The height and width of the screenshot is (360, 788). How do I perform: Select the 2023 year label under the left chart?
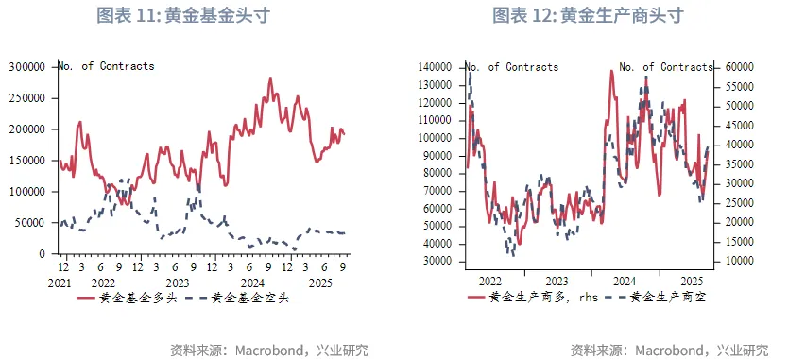pyautogui.click(x=177, y=283)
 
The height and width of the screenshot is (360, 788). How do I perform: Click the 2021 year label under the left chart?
pyautogui.click(x=60, y=283)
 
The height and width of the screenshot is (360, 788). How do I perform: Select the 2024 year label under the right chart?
pyautogui.click(x=625, y=282)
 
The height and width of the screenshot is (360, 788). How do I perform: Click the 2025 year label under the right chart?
pyautogui.click(x=691, y=282)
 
